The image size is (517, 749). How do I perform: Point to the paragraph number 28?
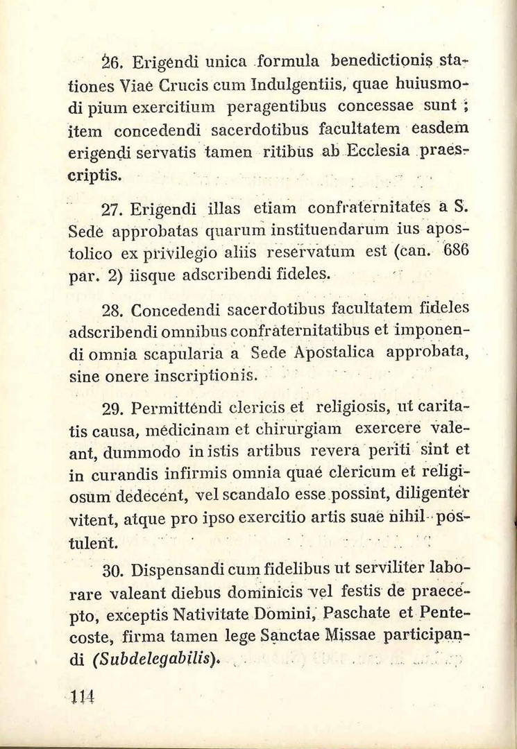coord(112,310)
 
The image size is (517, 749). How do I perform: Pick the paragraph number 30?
coord(112,572)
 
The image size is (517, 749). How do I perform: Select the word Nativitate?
coord(221,614)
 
